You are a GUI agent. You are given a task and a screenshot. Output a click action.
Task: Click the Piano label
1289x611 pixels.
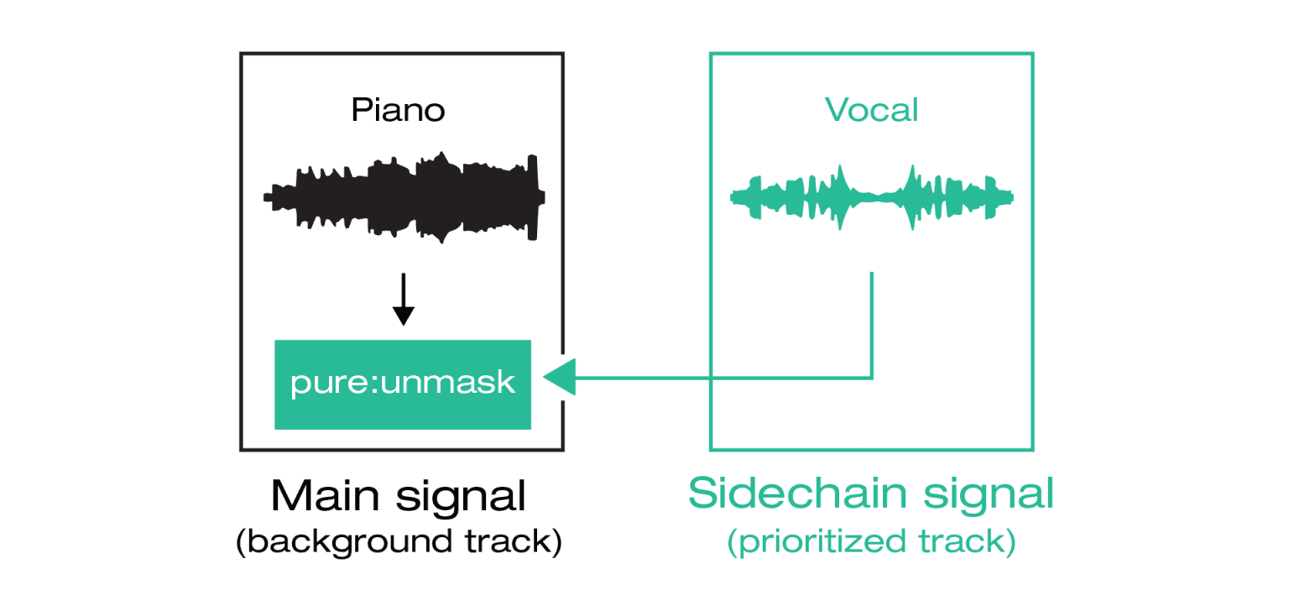[398, 110]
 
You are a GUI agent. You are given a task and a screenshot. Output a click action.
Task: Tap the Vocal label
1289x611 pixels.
[871, 110]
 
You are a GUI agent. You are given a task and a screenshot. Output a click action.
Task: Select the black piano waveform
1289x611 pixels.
[404, 198]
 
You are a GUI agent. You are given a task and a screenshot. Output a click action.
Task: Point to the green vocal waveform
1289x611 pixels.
[871, 198]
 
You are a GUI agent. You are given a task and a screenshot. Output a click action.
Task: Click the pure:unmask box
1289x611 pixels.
[404, 384]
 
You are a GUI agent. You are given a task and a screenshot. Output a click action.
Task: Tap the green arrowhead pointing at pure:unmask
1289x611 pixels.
[560, 378]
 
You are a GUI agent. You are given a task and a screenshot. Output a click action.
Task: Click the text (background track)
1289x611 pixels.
[399, 542]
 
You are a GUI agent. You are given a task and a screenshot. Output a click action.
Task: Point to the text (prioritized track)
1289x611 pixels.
[871, 542]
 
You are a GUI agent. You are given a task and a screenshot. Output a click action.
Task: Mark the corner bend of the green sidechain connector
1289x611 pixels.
[873, 378]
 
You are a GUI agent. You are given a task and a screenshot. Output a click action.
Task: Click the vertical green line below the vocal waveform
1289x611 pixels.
[873, 323]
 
